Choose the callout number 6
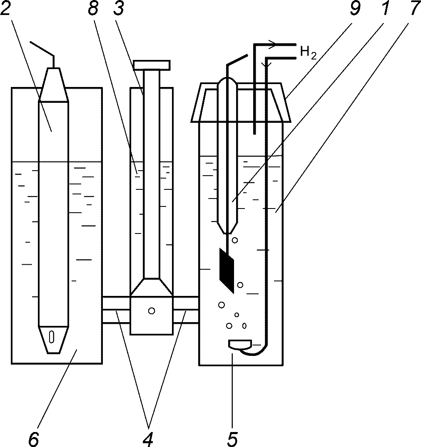34,440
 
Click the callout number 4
147,440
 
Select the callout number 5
232,440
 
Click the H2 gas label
308,53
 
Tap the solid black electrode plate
227,271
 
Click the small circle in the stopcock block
152,310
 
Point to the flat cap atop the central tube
152,65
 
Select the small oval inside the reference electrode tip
51,336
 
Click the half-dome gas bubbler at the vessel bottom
240,345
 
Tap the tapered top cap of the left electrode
54,84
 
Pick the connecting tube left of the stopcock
116,310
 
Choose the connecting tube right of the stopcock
186,310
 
